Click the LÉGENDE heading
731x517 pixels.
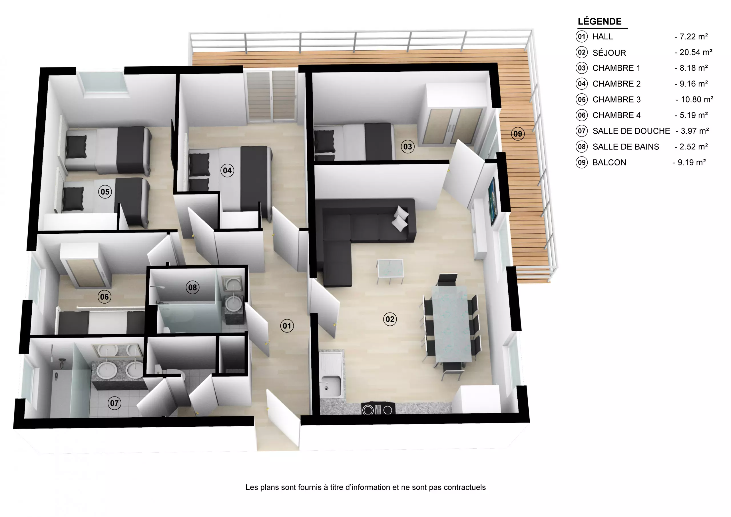[600, 21]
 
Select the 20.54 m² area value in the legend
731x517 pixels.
[696, 52]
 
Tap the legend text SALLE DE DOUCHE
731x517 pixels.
[631, 131]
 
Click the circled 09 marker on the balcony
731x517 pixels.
[518, 134]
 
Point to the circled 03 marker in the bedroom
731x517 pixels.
[407, 147]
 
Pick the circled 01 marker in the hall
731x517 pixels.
[287, 326]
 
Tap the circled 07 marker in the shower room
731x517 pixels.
[114, 403]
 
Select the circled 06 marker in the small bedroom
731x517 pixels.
[104, 297]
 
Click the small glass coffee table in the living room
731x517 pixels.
[390, 269]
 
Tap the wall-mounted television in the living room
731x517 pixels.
[493, 201]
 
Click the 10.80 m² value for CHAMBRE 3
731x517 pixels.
[697, 99]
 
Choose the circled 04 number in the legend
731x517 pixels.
[582, 84]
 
